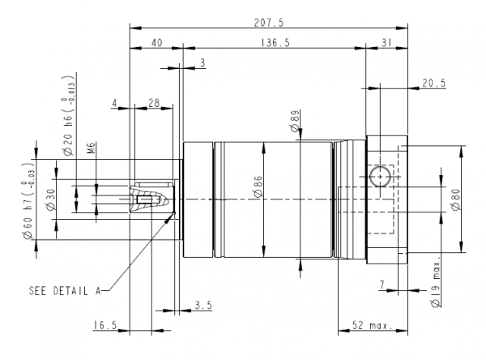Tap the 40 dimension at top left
click(x=156, y=43)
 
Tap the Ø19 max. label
click(x=435, y=285)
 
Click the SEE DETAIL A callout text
click(x=64, y=289)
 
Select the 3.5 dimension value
click(x=204, y=305)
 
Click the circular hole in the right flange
click(x=378, y=177)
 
